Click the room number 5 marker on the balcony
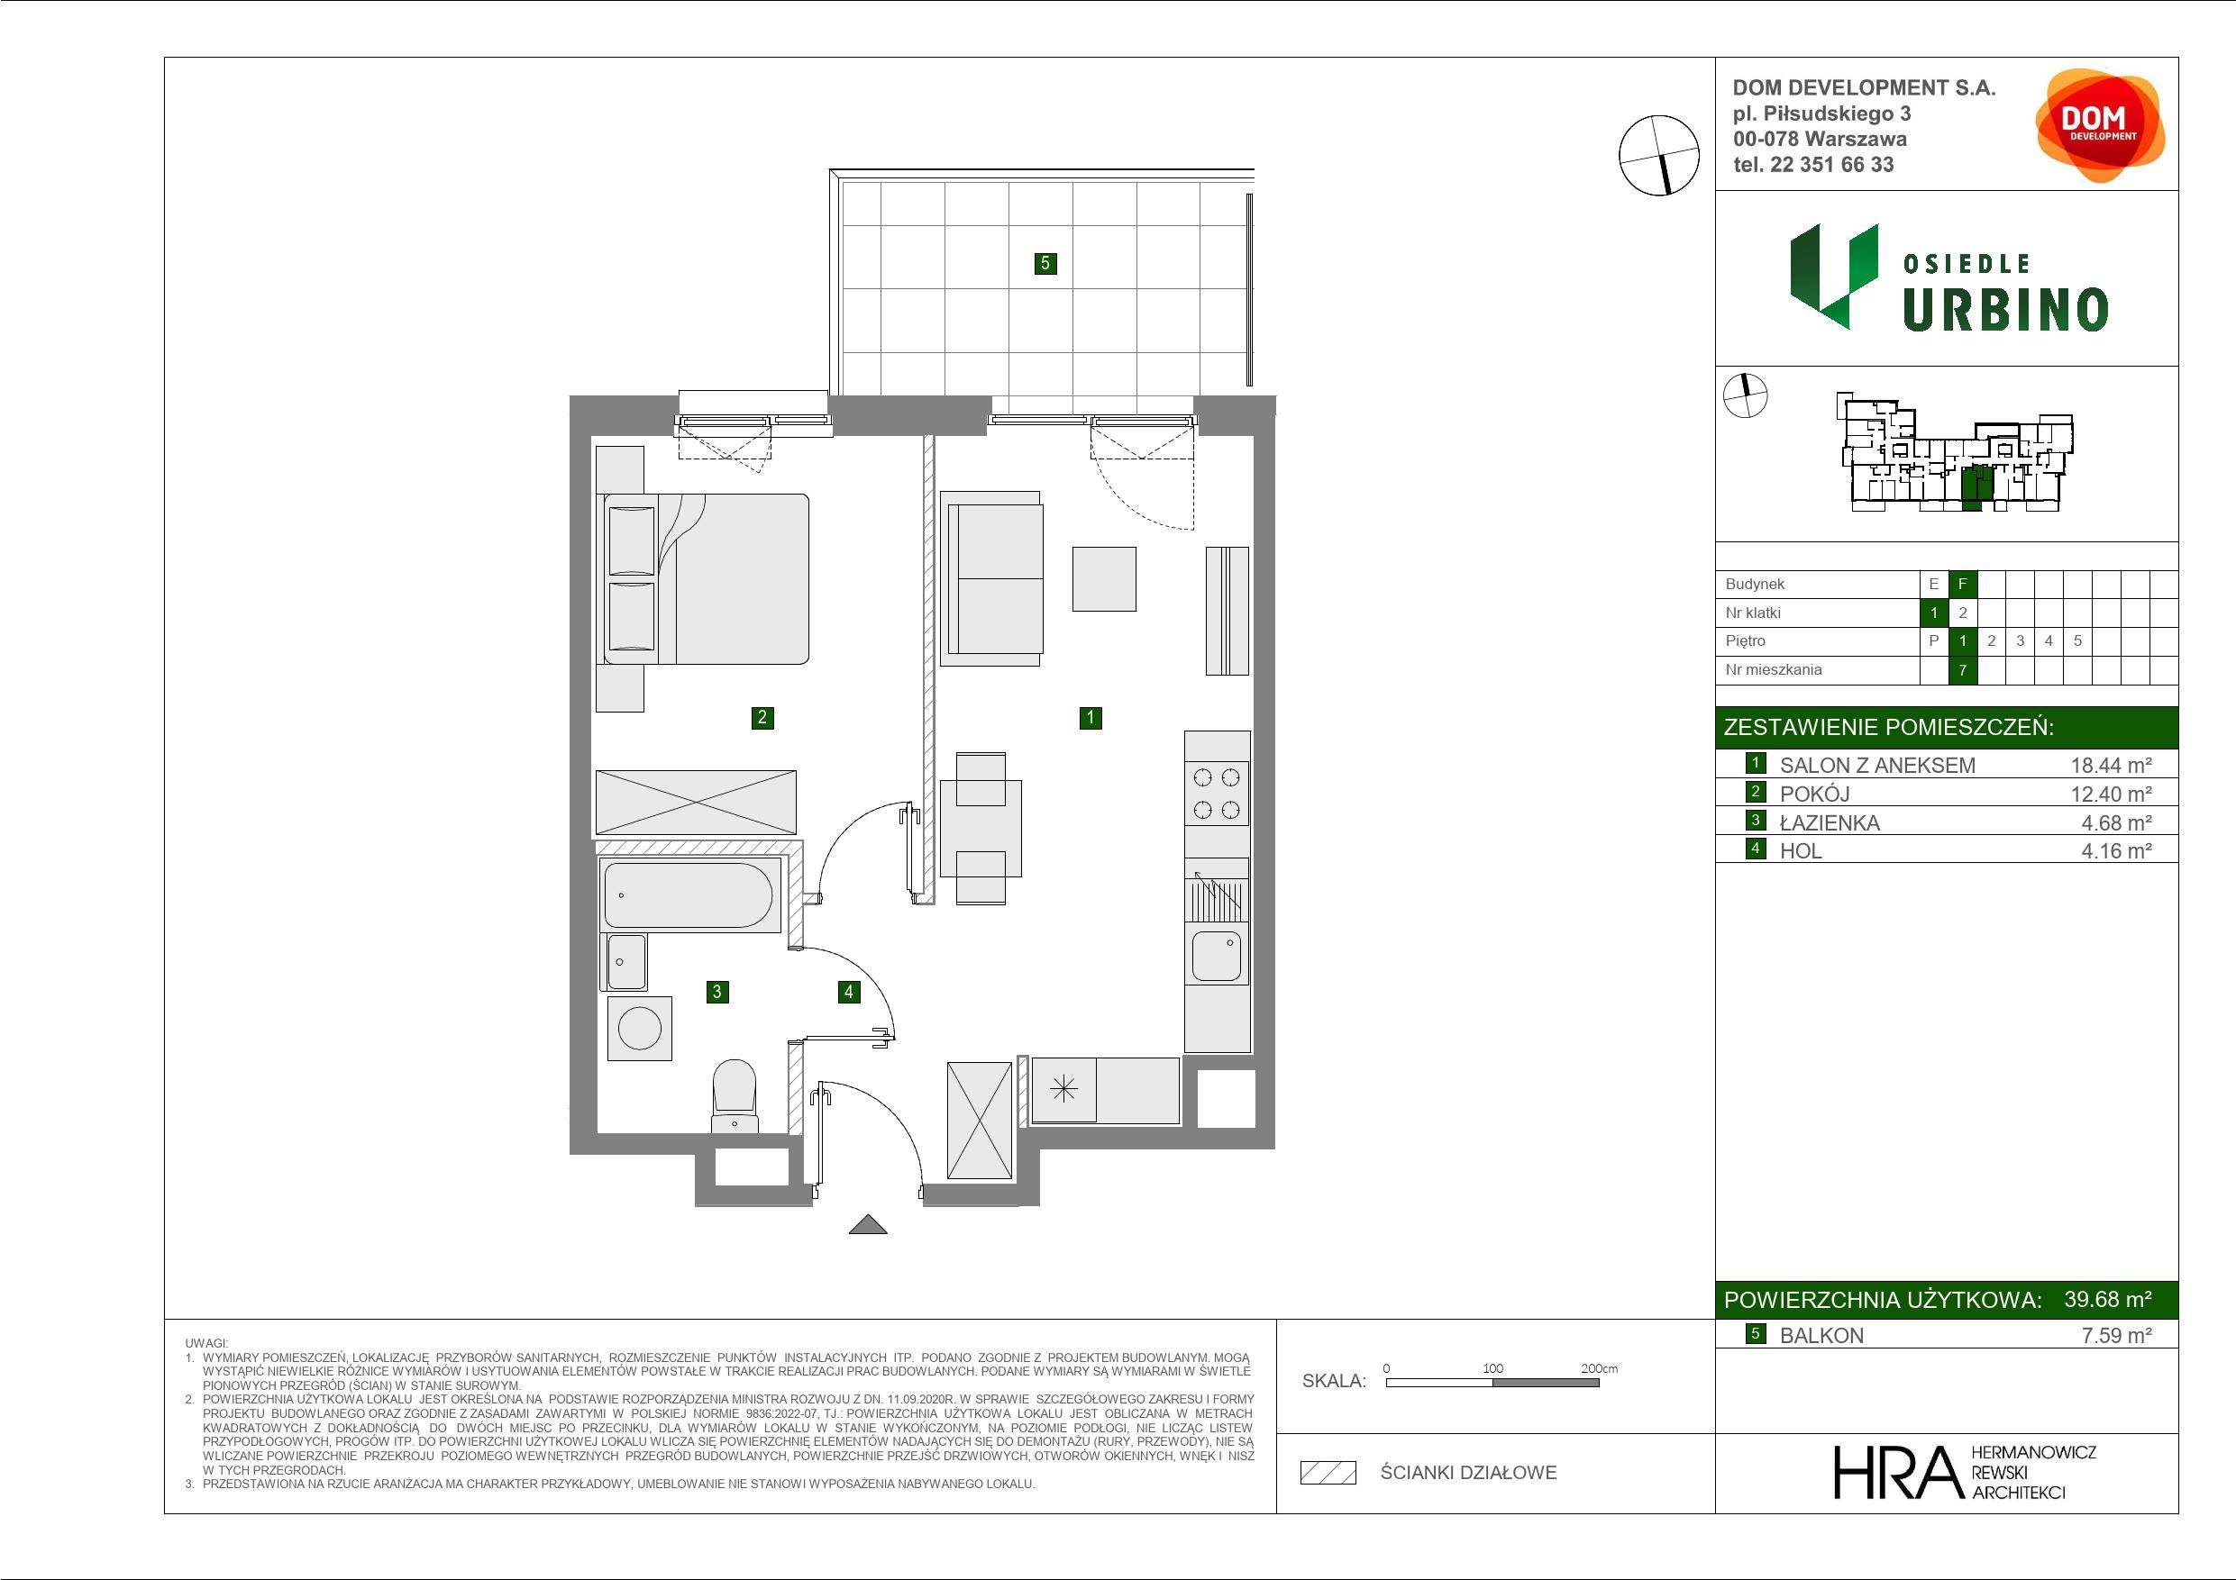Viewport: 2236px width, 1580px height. tap(1045, 263)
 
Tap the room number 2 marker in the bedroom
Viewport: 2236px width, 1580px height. tap(762, 717)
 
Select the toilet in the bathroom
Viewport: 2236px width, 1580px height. tap(735, 1095)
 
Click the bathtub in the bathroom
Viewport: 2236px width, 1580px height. tap(689, 894)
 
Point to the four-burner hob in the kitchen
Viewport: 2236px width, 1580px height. tap(1218, 794)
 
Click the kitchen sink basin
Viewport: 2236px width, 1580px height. tap(1218, 956)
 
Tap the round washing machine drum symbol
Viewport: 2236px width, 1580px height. tap(639, 1028)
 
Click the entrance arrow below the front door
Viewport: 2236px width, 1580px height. tap(868, 1225)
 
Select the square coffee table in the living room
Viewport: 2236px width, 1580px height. tap(1104, 578)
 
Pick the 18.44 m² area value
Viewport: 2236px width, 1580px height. tap(2111, 765)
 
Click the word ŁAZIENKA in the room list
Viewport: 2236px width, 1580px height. tap(1830, 822)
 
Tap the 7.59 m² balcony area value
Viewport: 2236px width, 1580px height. tap(2116, 1336)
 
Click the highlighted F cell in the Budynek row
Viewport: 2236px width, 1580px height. tap(1962, 584)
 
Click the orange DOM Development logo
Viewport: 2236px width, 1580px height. tap(2100, 124)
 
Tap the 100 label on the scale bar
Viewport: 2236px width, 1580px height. tap(1493, 1367)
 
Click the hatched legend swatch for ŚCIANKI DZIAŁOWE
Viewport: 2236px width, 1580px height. tap(1328, 1473)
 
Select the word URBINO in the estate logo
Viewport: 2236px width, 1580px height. tap(2006, 310)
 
